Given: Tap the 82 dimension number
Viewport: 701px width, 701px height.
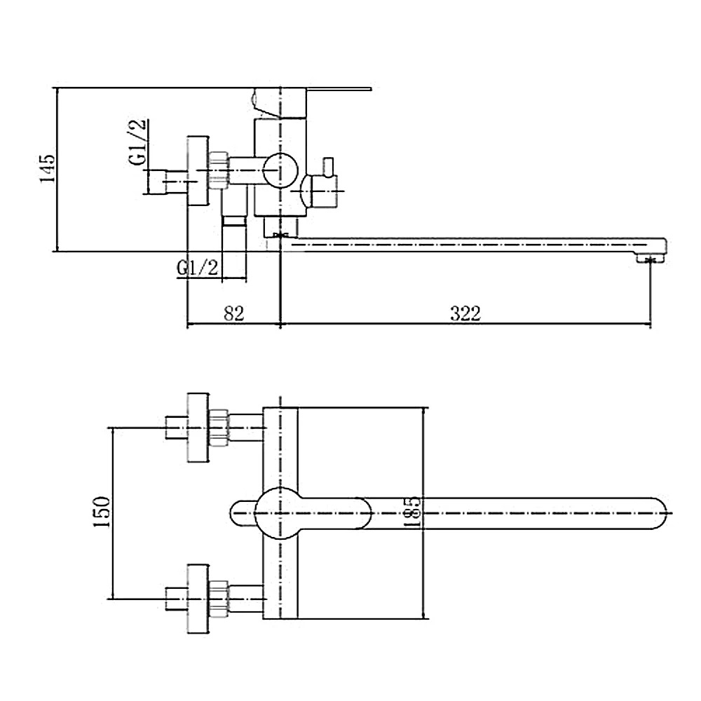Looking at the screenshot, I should pos(234,313).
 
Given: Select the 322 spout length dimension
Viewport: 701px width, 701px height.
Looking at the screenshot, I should pos(465,313).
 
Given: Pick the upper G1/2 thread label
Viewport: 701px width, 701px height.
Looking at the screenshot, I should pos(138,142).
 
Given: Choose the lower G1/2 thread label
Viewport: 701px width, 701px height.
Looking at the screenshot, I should pos(199,268).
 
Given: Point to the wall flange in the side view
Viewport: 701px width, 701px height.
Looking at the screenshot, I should pos(198,170).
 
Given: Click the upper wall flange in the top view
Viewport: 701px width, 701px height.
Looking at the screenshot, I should pos(198,427).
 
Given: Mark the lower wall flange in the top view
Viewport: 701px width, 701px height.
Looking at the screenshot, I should pos(198,599).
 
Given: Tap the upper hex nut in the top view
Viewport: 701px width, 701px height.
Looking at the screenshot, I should pos(220,427).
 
